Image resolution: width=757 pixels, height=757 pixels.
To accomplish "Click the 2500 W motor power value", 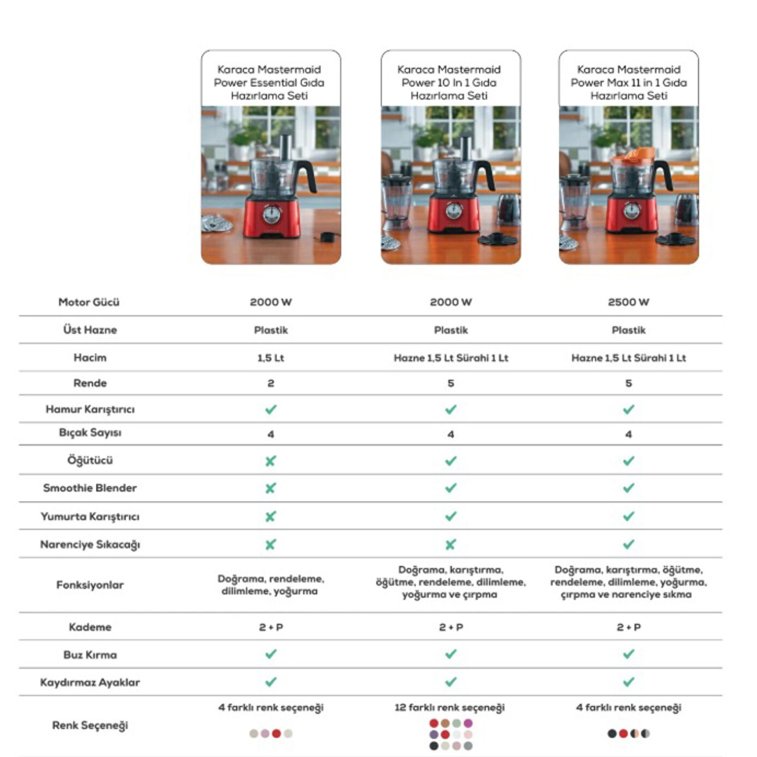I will pyautogui.click(x=628, y=302).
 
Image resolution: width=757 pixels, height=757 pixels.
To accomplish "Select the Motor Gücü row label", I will pyautogui.click(x=89, y=302).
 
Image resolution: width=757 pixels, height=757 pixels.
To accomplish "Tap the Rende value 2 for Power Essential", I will pyautogui.click(x=271, y=383).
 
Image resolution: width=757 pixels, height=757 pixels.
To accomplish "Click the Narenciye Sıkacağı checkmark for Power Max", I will pyautogui.click(x=628, y=544).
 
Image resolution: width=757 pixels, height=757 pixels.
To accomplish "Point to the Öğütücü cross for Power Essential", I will pyautogui.click(x=270, y=461).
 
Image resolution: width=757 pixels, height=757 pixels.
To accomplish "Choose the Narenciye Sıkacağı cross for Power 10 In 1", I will pyautogui.click(x=450, y=545).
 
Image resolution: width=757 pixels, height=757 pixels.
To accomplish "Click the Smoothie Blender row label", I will pyautogui.click(x=90, y=488).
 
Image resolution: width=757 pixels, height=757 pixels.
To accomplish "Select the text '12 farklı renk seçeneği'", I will pyautogui.click(x=449, y=707).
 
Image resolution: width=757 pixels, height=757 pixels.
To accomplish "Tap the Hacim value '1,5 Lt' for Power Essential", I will pyautogui.click(x=271, y=358).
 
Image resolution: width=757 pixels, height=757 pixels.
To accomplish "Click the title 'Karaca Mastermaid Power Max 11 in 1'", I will pyautogui.click(x=628, y=82).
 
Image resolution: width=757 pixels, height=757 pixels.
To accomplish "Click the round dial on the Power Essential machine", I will pyautogui.click(x=272, y=214).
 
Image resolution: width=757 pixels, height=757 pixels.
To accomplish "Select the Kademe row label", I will pyautogui.click(x=90, y=627).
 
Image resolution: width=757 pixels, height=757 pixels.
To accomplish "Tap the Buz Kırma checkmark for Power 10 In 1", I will pyautogui.click(x=450, y=654).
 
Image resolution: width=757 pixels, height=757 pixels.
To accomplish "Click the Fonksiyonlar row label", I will pyautogui.click(x=90, y=585).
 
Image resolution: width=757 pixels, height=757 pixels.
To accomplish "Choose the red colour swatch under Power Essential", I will pyautogui.click(x=276, y=734).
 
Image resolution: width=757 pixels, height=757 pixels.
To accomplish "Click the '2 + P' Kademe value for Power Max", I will pyautogui.click(x=628, y=627).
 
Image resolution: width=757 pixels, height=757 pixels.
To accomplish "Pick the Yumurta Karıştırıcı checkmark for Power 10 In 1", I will pyautogui.click(x=450, y=516).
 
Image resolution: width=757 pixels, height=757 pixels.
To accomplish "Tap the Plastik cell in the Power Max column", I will pyautogui.click(x=628, y=330).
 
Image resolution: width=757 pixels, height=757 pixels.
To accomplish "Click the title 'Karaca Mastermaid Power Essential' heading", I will pyautogui.click(x=269, y=82).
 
